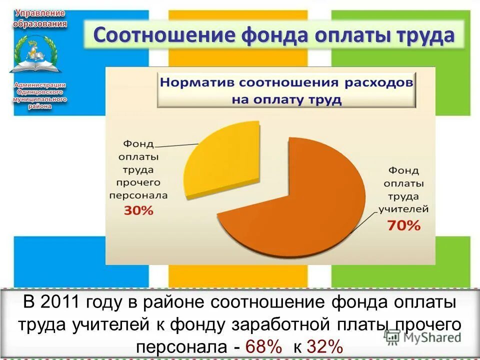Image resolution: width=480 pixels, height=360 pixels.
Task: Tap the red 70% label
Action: click(x=403, y=225)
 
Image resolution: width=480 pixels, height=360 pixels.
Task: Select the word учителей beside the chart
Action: click(x=402, y=208)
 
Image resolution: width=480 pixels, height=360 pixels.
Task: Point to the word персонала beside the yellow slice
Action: click(x=138, y=195)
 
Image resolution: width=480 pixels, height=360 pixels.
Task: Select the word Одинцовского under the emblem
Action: click(x=39, y=92)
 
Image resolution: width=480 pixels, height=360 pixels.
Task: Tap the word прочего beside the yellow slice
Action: click(x=138, y=182)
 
